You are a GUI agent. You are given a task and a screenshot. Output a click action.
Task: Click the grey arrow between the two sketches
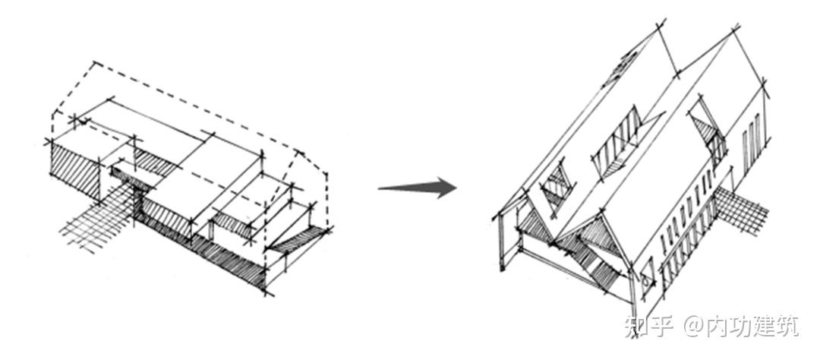(x=418, y=188)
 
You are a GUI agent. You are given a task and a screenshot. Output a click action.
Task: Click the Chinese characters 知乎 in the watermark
(x=648, y=326)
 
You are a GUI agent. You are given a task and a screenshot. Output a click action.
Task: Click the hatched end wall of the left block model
(x=76, y=170)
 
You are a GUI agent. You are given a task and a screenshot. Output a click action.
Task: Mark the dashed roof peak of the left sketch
(x=95, y=63)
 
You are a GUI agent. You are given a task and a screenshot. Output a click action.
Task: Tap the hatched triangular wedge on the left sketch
(x=295, y=240)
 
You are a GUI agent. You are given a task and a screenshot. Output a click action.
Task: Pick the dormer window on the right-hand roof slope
(x=708, y=134)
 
